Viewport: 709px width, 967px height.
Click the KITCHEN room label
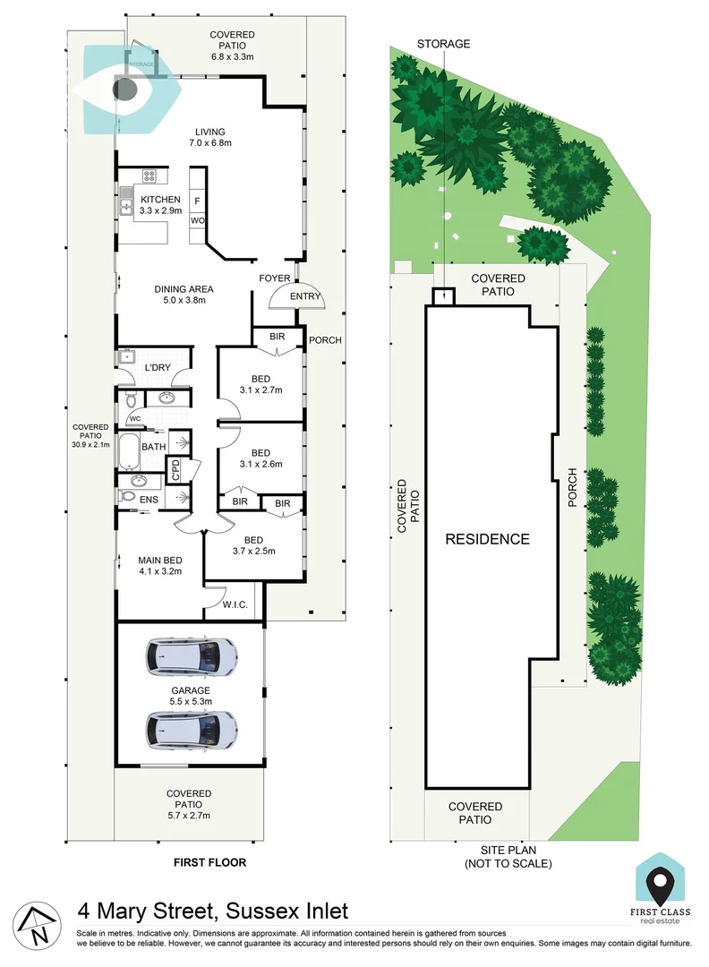[160, 199]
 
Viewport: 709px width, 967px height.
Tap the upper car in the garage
[191, 656]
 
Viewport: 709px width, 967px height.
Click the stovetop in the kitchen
[149, 175]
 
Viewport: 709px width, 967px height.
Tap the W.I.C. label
[235, 604]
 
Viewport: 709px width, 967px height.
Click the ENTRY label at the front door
[305, 296]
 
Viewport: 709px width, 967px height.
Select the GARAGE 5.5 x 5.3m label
[191, 696]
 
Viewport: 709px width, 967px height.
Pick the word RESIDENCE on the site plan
[487, 539]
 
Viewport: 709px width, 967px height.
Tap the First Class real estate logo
[660, 889]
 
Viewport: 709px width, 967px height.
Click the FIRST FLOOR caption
[209, 862]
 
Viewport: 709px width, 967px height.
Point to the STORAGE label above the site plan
[443, 44]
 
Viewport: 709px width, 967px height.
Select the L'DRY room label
[158, 368]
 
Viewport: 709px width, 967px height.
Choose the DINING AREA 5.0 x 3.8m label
[184, 295]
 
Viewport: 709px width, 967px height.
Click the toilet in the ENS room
[128, 496]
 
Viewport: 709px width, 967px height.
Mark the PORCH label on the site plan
[572, 487]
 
